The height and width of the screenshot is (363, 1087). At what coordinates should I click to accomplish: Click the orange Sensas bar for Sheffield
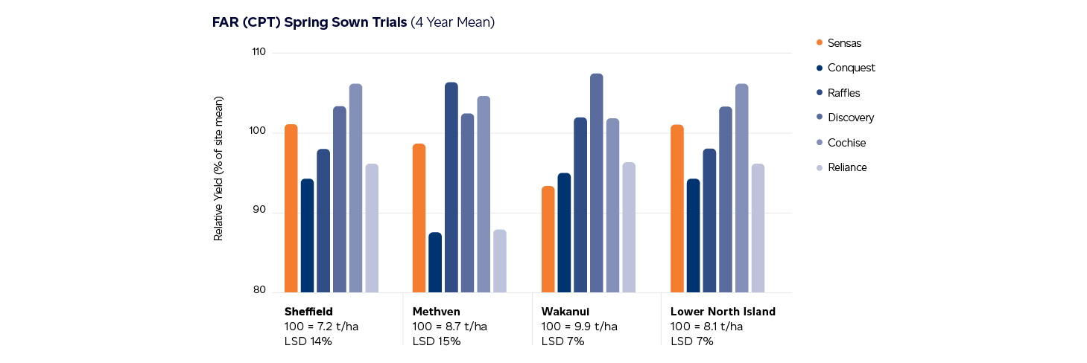291,208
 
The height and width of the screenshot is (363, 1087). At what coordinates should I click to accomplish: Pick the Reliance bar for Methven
500,260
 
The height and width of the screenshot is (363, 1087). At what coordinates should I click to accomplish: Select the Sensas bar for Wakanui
548,239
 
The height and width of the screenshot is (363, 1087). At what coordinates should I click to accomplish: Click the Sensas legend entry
843,43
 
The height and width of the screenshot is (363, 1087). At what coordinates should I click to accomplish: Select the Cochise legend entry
846,143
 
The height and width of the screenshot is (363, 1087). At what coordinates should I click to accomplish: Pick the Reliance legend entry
846,167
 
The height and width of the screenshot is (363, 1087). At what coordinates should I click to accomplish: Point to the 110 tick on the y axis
259,53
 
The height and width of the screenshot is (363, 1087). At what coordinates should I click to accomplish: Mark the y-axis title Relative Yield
218,168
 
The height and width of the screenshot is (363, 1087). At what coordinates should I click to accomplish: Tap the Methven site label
436,312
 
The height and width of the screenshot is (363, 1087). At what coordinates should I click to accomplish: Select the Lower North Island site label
723,312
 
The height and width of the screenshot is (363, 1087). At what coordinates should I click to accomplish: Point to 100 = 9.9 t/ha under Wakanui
579,327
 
